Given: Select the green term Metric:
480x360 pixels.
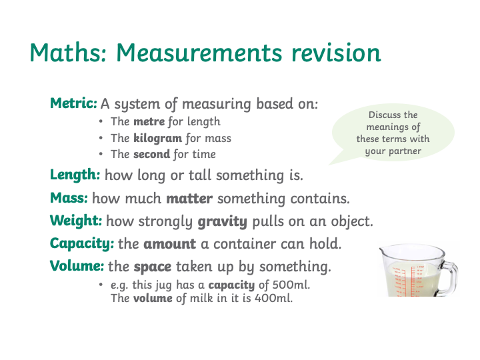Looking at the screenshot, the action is pyautogui.click(x=73, y=103).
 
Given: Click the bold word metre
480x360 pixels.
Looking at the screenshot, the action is pyautogui.click(x=149, y=121).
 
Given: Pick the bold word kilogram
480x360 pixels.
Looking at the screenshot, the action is pyautogui.click(x=157, y=139).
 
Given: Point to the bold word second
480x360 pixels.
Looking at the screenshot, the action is pyautogui.click(x=151, y=154).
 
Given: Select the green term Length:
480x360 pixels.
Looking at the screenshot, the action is pyautogui.click(x=75, y=175).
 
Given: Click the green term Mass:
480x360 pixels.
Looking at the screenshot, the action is pyautogui.click(x=69, y=198).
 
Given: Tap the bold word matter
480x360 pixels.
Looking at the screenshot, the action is pyautogui.click(x=189, y=199).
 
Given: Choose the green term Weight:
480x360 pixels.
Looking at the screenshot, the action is pyautogui.click(x=76, y=221).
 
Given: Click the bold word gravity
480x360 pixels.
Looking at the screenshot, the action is pyautogui.click(x=222, y=221).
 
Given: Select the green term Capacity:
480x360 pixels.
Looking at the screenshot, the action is pyautogui.click(x=82, y=244).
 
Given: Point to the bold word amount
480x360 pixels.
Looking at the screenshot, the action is pyautogui.click(x=169, y=244).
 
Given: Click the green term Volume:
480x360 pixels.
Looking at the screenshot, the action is pyautogui.click(x=77, y=266).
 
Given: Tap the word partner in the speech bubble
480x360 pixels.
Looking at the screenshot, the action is pyautogui.click(x=405, y=151).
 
